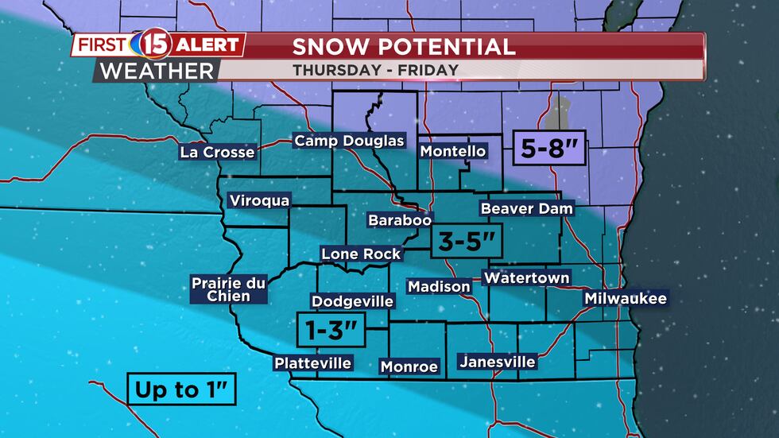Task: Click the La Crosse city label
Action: (218, 152)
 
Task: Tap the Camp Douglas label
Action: (350, 141)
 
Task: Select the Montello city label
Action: (452, 151)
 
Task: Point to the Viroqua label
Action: (259, 200)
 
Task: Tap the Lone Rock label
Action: (361, 254)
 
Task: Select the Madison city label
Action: (439, 286)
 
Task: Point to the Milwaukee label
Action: (626, 299)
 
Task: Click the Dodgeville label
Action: (352, 301)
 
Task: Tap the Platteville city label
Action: (312, 363)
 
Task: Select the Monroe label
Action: (409, 366)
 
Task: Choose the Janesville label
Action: (498, 362)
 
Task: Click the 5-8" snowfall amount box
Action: (548, 149)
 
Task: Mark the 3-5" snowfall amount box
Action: (467, 239)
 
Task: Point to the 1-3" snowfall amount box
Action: (331, 330)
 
